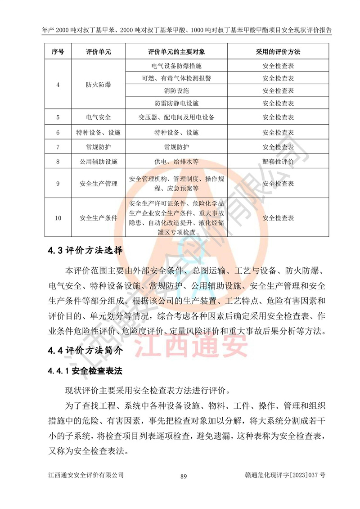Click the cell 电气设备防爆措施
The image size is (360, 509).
coord(176,66)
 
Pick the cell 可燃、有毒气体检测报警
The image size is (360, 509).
coord(176,78)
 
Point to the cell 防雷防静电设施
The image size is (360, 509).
coord(176,103)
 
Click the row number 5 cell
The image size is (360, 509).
coord(58,117)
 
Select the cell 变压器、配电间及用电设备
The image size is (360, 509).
coord(176,117)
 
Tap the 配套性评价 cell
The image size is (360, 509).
coord(279,161)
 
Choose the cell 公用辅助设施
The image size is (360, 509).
coord(99,161)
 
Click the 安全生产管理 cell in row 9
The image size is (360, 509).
coord(99,184)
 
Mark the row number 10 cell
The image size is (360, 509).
coord(58,218)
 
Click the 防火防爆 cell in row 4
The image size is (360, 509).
coord(99,85)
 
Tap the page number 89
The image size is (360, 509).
coord(183,477)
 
